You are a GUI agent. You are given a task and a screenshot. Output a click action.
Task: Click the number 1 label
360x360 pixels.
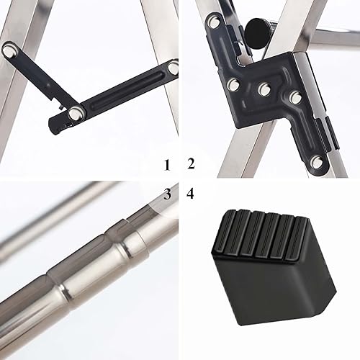click(167, 165)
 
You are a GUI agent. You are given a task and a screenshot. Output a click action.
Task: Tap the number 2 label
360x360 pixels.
click(190, 163)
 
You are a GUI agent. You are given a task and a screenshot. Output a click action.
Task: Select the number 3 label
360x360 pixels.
click(167, 194)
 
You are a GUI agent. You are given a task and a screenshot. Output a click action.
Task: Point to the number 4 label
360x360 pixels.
click(190, 194)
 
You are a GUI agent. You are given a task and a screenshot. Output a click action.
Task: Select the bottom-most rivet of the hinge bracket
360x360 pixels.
click(316, 163)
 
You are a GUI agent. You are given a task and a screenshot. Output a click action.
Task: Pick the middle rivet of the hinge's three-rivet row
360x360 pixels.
click(265, 89)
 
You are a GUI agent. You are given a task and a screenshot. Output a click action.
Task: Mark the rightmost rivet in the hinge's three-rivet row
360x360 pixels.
click(296, 95)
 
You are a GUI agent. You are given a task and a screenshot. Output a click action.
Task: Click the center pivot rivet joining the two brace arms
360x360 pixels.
click(75, 112)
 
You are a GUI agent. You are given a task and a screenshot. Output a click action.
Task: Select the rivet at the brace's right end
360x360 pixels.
click(174, 68)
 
